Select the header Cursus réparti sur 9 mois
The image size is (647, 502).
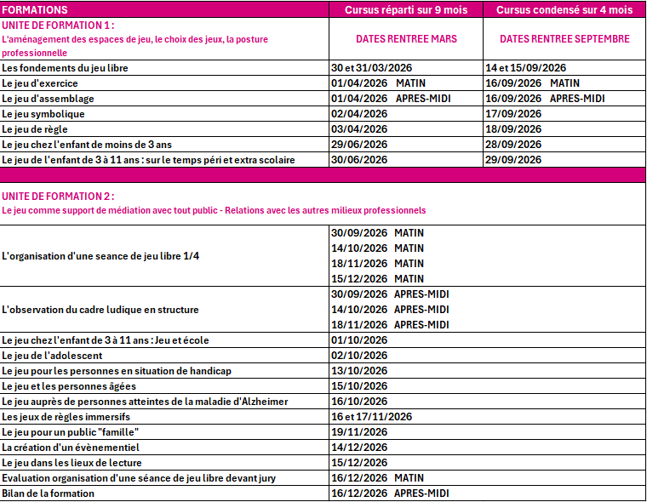pos(406,9)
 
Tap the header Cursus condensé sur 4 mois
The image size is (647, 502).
pos(564,9)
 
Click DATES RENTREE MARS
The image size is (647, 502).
pos(406,39)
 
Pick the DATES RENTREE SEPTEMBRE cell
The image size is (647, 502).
pos(564,39)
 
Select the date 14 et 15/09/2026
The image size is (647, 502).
pos(525,68)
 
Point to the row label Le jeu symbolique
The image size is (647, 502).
pos(43,114)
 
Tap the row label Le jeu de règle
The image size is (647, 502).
pos(35,129)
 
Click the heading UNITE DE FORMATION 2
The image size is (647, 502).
pos(58,197)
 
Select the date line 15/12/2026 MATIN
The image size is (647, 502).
pos(377,279)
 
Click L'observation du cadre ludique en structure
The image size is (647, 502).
pos(100,310)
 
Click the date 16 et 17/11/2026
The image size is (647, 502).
pos(371,417)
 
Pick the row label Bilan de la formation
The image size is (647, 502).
pos(48,493)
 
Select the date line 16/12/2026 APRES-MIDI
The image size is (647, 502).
pos(390,493)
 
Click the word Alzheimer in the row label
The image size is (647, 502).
pos(264,402)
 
